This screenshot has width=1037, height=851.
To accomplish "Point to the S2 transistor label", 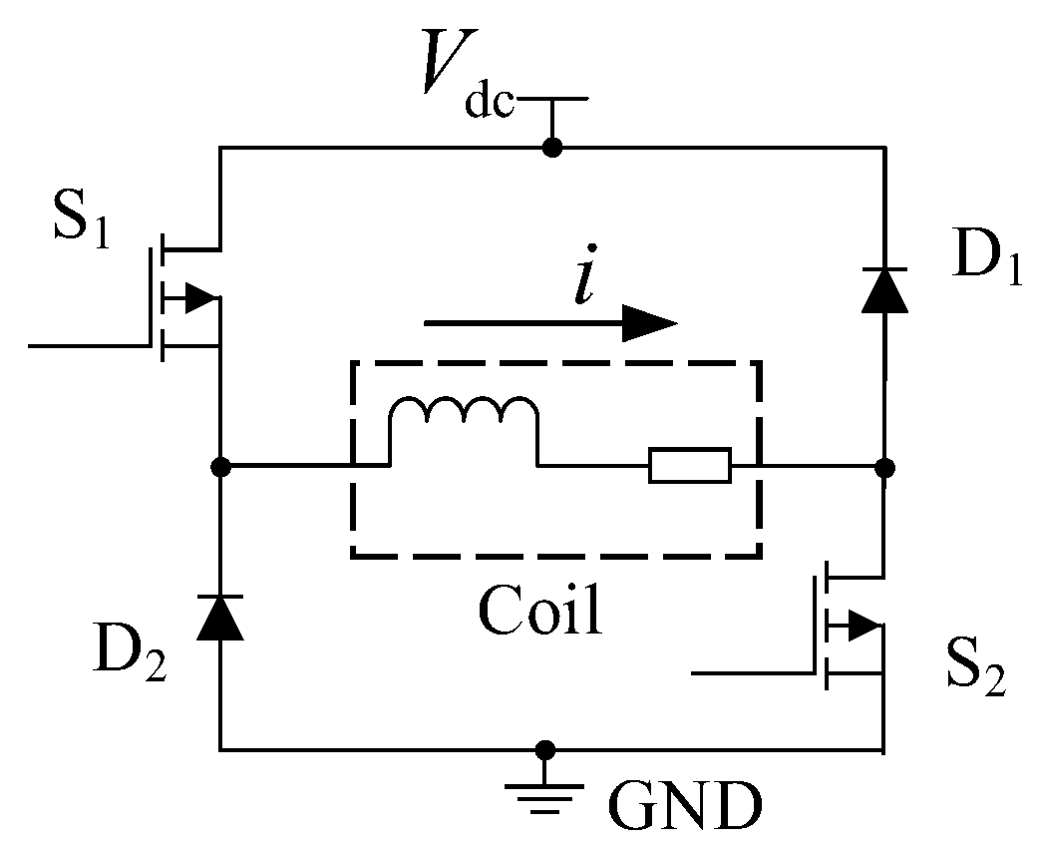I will click(x=975, y=667).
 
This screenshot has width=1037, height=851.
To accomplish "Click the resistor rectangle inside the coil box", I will click(x=690, y=466).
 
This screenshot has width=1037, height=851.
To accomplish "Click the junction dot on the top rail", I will click(x=551, y=148).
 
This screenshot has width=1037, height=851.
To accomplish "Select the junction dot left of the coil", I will click(x=221, y=466).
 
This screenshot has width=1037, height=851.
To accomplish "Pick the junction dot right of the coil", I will click(x=884, y=466).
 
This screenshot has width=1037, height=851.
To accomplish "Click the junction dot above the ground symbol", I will click(x=545, y=748).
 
